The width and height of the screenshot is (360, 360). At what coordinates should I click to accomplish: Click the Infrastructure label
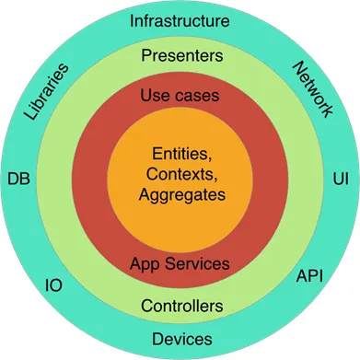(180, 21)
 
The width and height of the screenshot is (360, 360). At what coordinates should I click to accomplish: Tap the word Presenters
(182, 55)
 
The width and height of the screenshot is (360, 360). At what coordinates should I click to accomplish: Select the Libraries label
(46, 91)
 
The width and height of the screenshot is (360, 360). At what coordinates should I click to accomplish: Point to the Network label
(312, 89)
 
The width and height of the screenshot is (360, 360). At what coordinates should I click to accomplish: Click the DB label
(19, 179)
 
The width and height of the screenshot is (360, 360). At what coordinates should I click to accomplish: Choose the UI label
(341, 179)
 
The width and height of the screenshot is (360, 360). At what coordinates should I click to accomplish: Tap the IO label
(54, 285)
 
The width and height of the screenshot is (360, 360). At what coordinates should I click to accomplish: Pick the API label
(309, 276)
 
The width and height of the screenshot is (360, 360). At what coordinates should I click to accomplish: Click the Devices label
(182, 339)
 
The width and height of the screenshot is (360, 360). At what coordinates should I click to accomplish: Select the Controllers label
(182, 306)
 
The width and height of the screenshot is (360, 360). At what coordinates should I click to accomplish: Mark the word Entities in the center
(182, 154)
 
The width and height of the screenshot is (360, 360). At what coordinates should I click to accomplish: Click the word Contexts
(182, 174)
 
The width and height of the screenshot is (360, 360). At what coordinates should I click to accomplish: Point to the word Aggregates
(182, 195)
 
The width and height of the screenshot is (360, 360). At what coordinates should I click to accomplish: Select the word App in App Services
(145, 264)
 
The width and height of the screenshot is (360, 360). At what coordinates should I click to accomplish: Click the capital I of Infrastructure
(132, 21)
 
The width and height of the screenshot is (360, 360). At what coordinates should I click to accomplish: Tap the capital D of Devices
(157, 339)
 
